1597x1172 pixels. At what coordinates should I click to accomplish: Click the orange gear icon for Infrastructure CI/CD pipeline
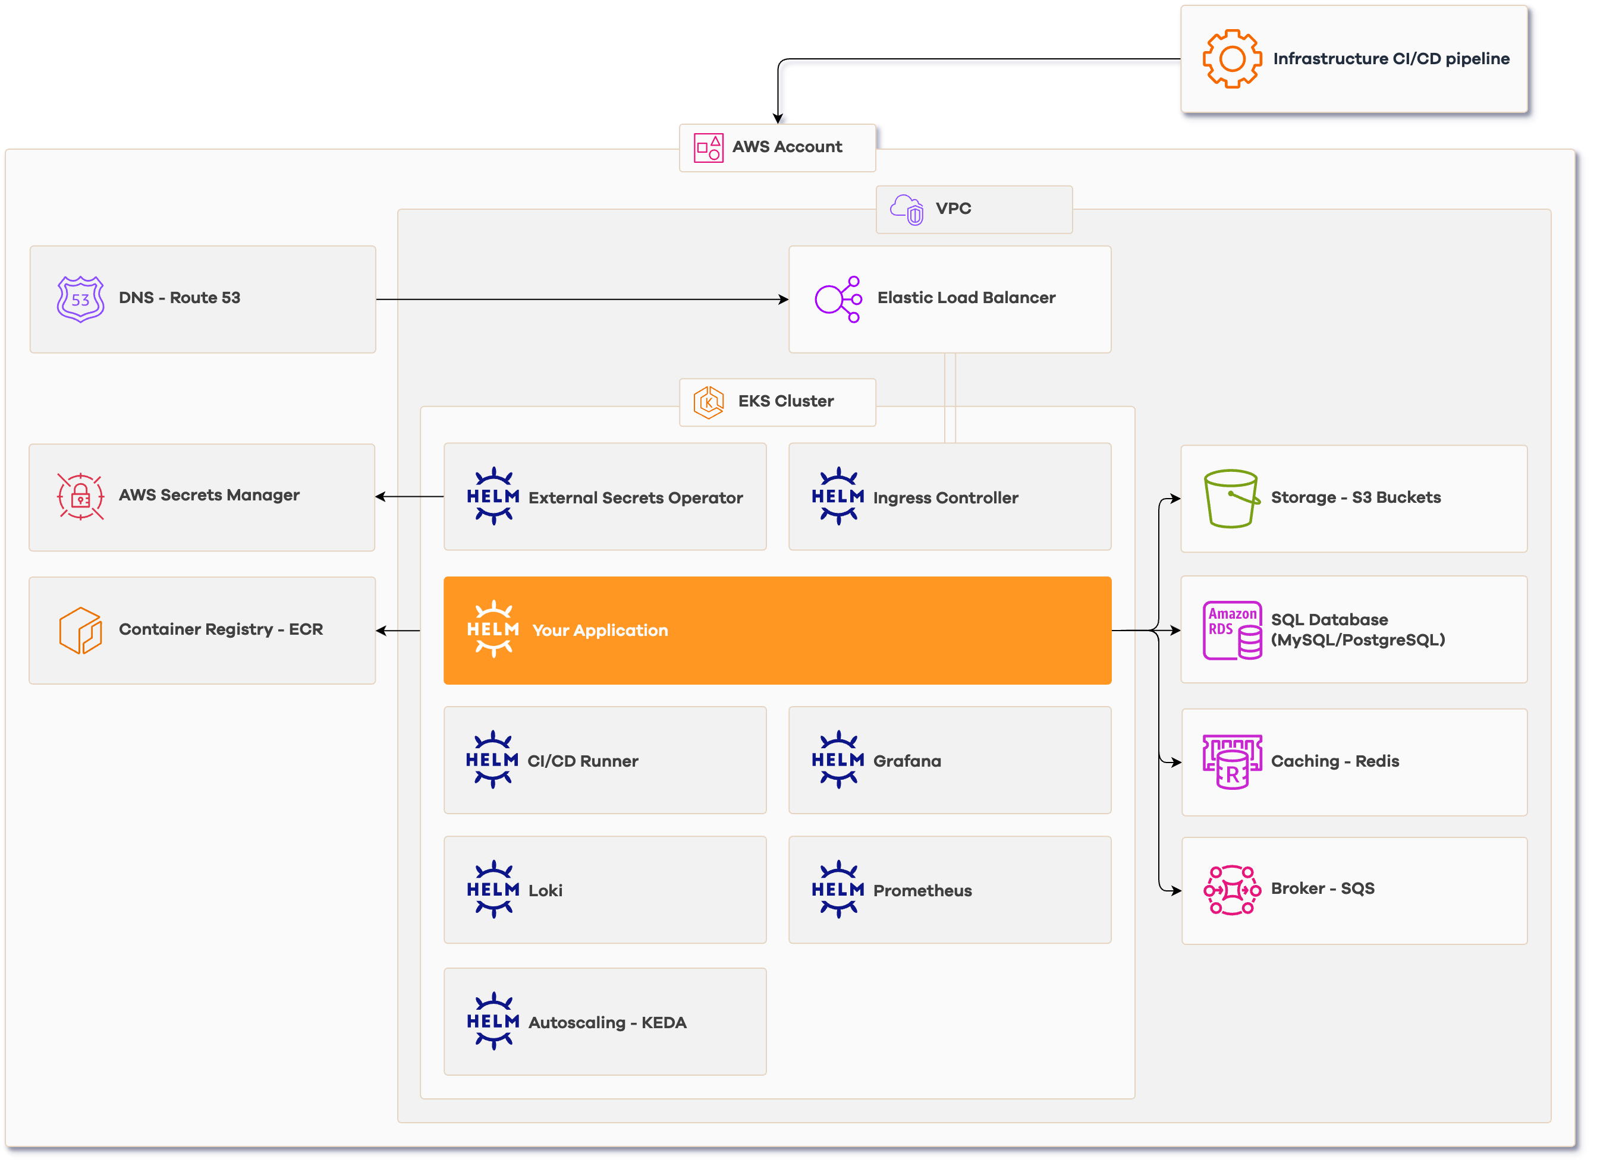click(1232, 59)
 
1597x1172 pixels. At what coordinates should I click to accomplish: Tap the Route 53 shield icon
click(80, 299)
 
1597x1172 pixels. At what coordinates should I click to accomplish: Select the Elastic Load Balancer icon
click(838, 299)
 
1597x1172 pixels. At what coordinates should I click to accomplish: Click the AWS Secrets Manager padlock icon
click(80, 496)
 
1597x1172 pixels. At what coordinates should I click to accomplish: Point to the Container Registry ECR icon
click(80, 630)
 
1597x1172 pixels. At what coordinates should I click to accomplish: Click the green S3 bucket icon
click(1231, 498)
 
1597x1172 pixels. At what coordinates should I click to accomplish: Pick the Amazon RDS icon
click(1232, 630)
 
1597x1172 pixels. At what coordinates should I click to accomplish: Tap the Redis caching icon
click(1232, 761)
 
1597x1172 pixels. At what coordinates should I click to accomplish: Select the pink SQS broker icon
click(1232, 890)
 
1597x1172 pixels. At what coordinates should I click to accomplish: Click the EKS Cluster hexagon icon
click(708, 402)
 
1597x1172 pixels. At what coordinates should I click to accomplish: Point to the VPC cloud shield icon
click(907, 209)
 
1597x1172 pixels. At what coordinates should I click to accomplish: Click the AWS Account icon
click(708, 147)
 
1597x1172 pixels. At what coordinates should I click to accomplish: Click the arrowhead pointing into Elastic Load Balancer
click(783, 300)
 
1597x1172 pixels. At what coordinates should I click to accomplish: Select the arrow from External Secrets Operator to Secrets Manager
click(410, 497)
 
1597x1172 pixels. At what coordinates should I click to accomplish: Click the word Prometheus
click(922, 890)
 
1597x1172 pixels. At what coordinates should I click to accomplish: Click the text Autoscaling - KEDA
click(607, 1022)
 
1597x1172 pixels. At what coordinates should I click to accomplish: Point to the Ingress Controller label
click(945, 498)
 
